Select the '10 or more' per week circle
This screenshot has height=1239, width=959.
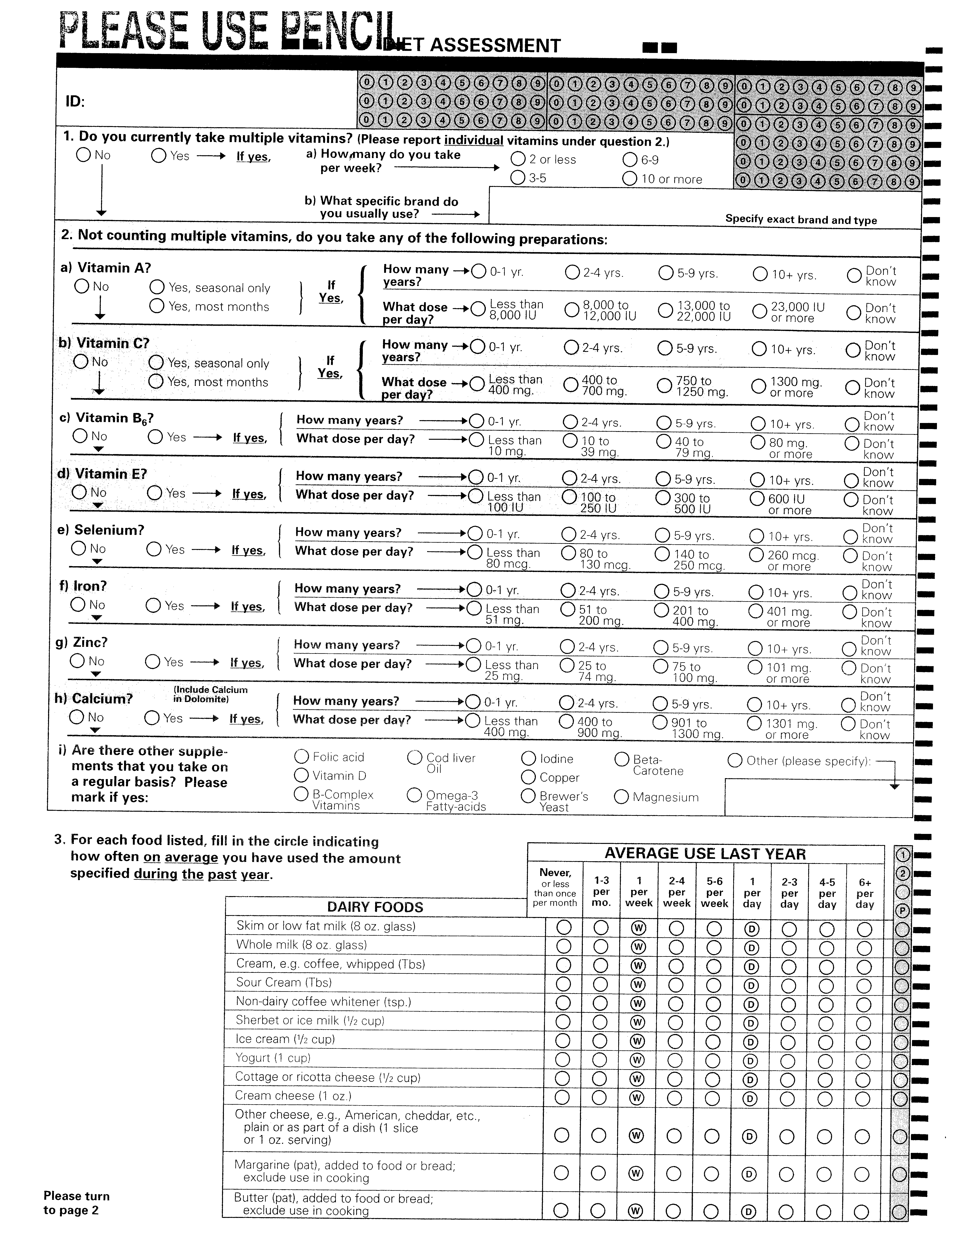[x=630, y=179]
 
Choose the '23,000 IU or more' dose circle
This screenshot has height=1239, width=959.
[x=760, y=311]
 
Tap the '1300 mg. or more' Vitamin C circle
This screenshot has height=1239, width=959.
[x=759, y=386]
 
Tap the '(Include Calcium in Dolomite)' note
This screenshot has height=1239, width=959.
[x=211, y=694]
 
